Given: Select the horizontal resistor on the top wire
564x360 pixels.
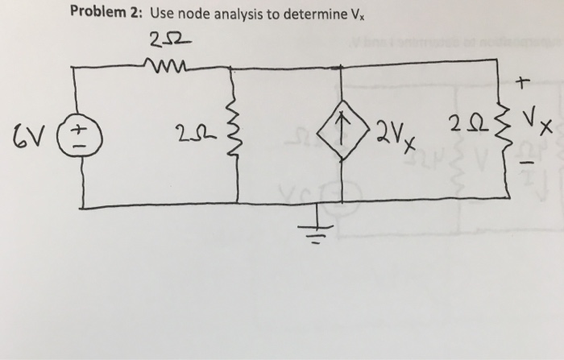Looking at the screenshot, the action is tap(166, 67).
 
